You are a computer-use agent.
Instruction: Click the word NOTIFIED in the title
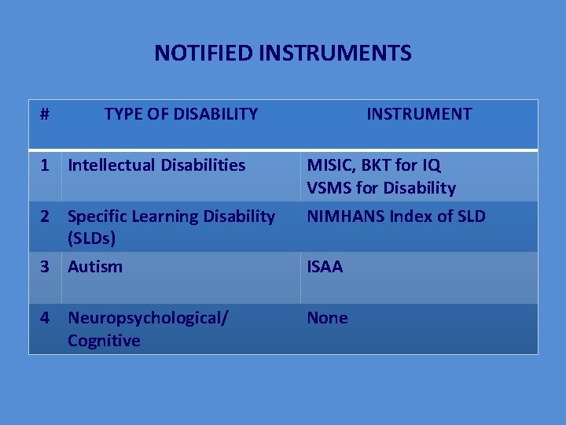click(x=204, y=53)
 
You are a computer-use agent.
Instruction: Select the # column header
click(x=45, y=113)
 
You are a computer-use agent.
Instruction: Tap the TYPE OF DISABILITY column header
click(x=181, y=113)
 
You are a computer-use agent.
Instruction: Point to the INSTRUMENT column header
click(x=419, y=113)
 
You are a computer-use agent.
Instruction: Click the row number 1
click(x=46, y=165)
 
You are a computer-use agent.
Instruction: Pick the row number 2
click(x=46, y=216)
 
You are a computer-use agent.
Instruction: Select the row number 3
click(x=46, y=266)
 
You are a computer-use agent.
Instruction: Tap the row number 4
click(x=46, y=318)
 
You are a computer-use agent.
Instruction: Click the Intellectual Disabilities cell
click(x=156, y=165)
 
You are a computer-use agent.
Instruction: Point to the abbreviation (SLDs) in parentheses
click(x=92, y=238)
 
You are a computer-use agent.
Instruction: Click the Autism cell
click(x=95, y=266)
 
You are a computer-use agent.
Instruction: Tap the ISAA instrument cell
click(x=325, y=266)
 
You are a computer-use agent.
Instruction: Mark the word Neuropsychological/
click(x=148, y=318)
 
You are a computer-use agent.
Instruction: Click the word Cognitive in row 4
click(x=104, y=341)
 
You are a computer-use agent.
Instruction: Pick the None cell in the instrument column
click(x=327, y=318)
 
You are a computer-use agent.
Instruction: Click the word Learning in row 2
click(x=160, y=216)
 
